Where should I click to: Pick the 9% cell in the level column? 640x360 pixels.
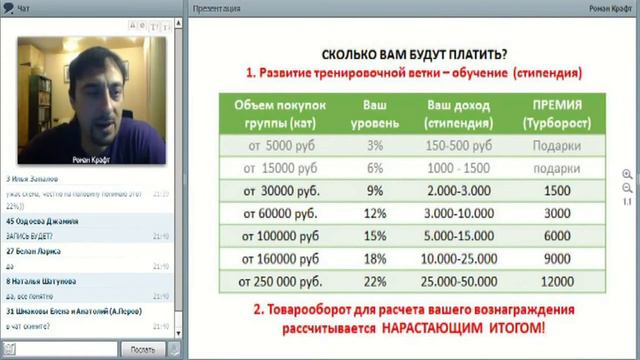pyautogui.click(x=376, y=188)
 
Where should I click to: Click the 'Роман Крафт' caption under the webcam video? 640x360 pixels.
pyautogui.click(x=95, y=158)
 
